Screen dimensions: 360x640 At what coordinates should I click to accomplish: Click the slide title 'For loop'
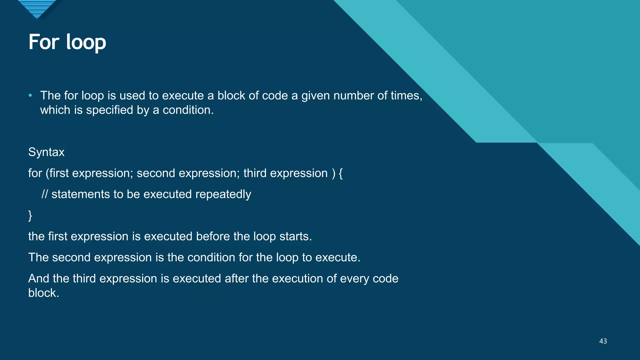point(67,42)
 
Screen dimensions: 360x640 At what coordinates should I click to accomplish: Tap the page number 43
point(603,341)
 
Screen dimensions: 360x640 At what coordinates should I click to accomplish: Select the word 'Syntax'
point(46,152)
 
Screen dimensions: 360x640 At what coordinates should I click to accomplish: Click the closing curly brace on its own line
point(30,216)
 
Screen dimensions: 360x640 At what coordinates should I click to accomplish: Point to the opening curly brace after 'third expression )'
point(341,173)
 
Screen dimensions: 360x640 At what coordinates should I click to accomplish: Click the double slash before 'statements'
point(45,194)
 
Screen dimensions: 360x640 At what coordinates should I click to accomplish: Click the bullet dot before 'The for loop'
point(30,95)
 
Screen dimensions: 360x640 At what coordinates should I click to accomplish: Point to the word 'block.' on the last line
point(44,293)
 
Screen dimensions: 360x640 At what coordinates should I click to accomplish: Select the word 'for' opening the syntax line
point(35,173)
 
